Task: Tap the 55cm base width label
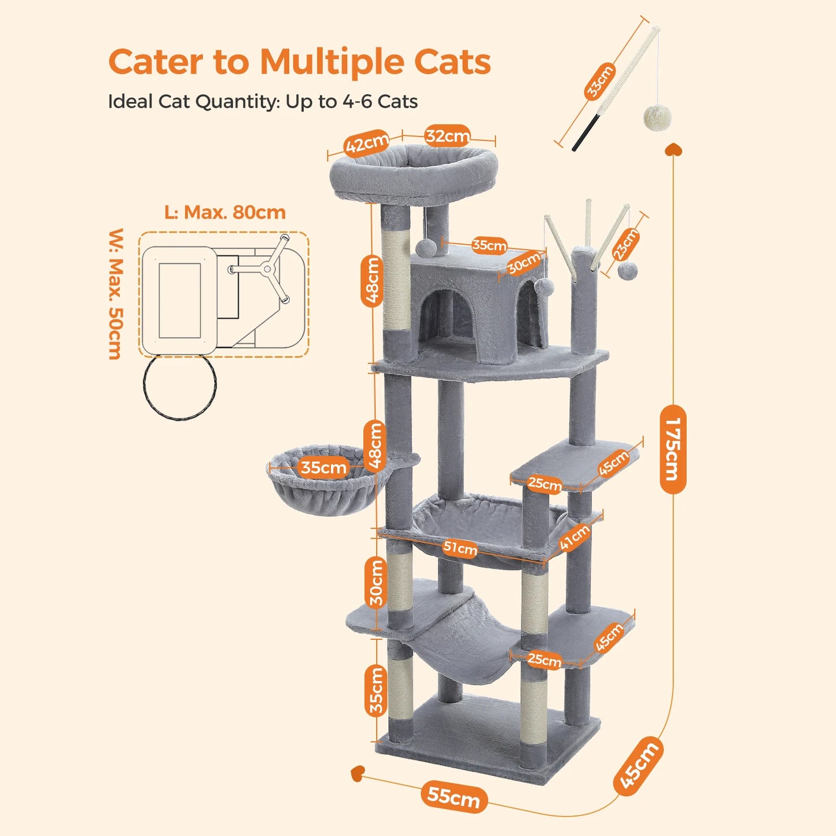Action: (x=454, y=796)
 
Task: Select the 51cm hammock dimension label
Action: (x=461, y=548)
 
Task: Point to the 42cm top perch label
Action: (x=367, y=143)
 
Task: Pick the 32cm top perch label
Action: (x=447, y=136)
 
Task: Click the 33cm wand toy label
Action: (x=600, y=82)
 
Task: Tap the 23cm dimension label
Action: (x=625, y=244)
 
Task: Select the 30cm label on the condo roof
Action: (x=524, y=263)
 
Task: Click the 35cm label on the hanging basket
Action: (x=323, y=467)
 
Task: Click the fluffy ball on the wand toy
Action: (x=657, y=117)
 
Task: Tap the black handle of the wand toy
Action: (x=585, y=133)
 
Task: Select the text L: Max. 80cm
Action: (x=225, y=212)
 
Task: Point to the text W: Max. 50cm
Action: (x=116, y=294)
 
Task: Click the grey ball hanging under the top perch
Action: (x=426, y=247)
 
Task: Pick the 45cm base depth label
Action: (x=638, y=765)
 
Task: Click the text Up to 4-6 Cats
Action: (x=352, y=102)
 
